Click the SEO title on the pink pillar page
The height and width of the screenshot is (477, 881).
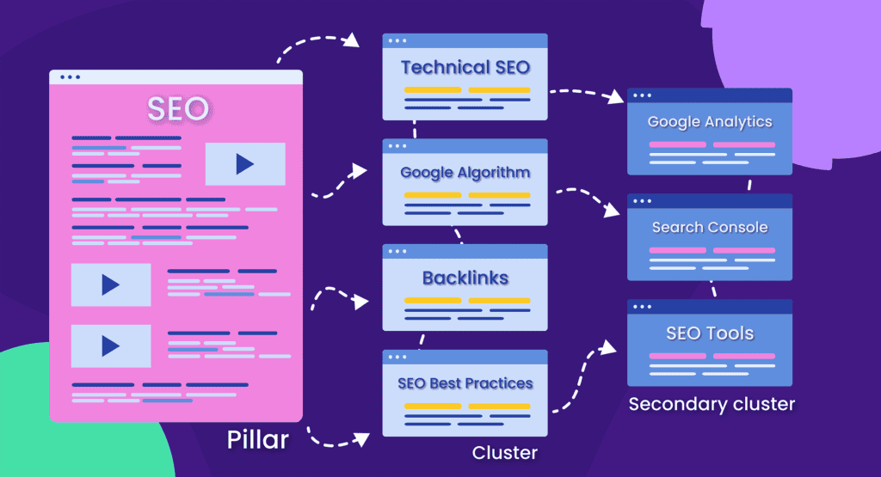tap(176, 109)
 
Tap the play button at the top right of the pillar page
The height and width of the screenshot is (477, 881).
tap(244, 164)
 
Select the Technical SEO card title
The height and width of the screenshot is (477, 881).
tap(465, 67)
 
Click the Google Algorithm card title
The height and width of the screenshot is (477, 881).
tap(465, 173)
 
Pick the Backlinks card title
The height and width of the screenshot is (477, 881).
tap(465, 278)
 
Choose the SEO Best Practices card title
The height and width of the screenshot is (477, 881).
tap(465, 383)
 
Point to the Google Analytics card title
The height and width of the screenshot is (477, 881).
tap(710, 122)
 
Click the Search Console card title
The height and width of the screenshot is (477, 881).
tap(710, 228)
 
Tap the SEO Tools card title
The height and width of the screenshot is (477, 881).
tap(710, 333)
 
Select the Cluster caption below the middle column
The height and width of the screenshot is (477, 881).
tap(504, 452)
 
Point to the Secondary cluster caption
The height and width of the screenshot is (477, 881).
tap(712, 404)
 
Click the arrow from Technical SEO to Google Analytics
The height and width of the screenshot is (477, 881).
tap(589, 91)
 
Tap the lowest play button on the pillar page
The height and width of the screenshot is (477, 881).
tap(110, 346)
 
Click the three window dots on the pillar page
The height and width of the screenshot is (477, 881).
tap(69, 77)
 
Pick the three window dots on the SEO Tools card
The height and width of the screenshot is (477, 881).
tap(642, 306)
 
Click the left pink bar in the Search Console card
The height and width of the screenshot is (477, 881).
tap(677, 250)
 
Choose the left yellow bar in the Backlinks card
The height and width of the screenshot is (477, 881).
tap(433, 301)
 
